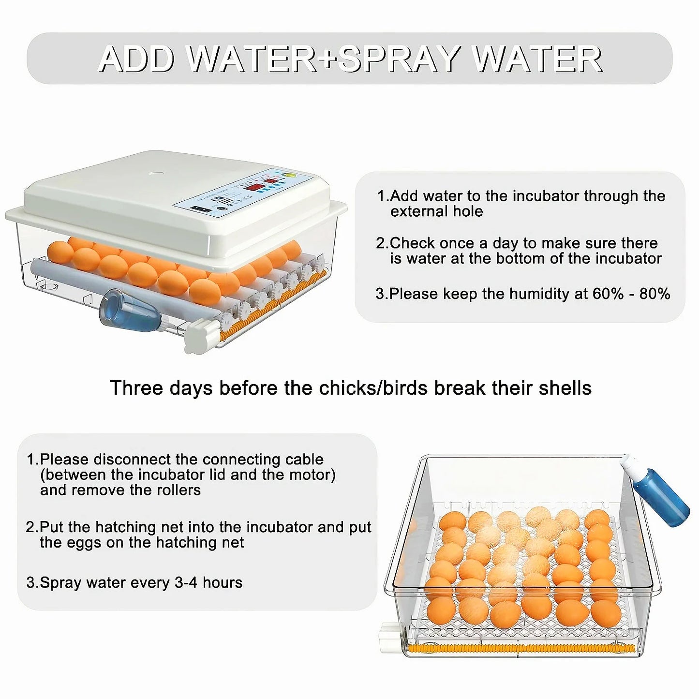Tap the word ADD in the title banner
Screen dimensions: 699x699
coord(136,59)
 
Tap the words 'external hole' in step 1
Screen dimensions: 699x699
coord(436,211)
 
